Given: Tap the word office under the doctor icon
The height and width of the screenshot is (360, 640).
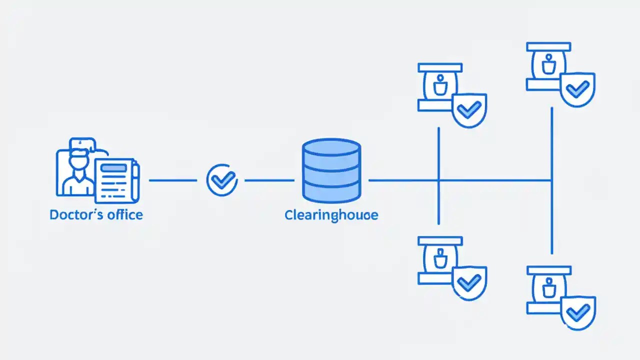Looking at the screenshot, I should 125,215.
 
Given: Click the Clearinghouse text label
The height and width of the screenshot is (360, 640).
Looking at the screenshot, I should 331,215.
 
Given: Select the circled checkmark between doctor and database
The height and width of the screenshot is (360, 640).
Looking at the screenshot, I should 221,180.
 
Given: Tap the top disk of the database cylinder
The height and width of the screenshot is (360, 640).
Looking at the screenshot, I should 331,148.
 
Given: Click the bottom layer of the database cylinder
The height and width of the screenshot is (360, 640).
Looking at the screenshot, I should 331,192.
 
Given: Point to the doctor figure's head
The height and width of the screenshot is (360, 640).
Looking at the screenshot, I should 79,162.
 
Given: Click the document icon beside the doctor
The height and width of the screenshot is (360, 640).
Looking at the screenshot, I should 114,180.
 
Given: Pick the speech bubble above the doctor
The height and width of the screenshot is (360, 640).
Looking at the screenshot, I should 82,145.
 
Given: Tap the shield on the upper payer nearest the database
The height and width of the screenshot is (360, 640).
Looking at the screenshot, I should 469,110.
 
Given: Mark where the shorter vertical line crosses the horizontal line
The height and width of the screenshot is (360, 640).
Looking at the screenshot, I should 438,180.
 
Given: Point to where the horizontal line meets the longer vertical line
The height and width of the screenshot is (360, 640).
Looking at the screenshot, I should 551,180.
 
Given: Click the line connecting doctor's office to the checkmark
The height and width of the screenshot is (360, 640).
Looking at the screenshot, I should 172,180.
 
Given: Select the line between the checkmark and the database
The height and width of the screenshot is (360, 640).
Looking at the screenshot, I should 269,180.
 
